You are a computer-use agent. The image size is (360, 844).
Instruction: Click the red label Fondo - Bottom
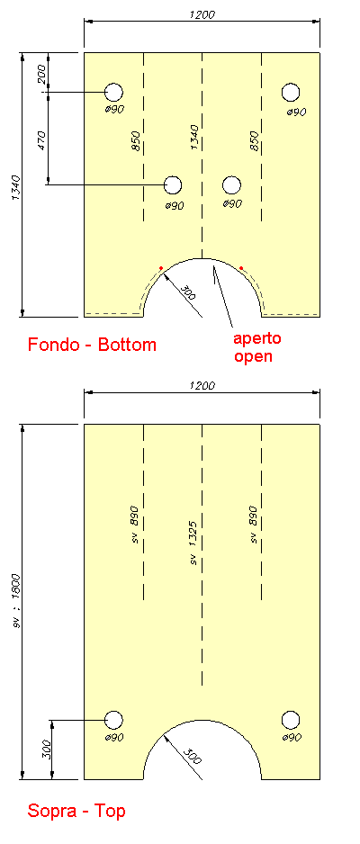tap(92, 345)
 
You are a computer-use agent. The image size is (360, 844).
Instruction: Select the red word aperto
tap(256, 338)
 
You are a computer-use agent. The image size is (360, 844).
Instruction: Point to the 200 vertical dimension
tap(41, 73)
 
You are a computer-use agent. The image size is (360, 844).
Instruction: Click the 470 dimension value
tap(42, 140)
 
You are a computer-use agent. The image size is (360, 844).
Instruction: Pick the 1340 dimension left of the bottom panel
tap(15, 188)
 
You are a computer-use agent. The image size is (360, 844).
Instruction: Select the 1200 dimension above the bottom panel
tap(202, 14)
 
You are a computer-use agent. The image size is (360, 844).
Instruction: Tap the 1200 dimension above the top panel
tap(202, 386)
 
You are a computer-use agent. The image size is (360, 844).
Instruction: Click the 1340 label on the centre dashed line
tap(194, 139)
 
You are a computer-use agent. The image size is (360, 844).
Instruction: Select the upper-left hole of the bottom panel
tap(113, 93)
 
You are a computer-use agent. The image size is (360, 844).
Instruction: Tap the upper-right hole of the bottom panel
tap(291, 93)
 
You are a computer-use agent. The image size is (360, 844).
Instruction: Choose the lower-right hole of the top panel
tap(291, 720)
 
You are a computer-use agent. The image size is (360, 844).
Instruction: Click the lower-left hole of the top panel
tap(113, 720)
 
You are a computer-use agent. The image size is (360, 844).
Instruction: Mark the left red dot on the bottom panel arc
tap(161, 267)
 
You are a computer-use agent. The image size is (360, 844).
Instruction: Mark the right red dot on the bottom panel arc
tap(241, 267)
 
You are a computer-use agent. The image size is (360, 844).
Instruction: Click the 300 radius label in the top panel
tap(192, 756)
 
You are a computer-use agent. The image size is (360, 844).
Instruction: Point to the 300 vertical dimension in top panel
tap(45, 749)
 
